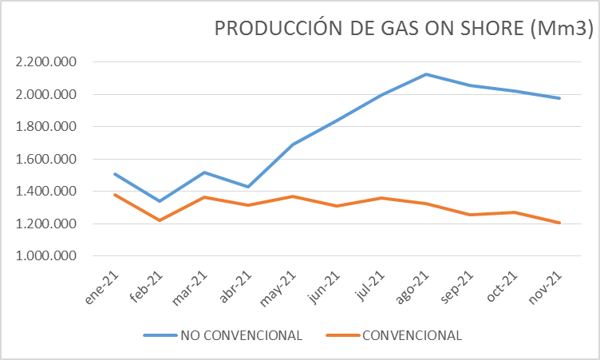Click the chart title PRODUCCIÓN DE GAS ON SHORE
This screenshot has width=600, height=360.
pyautogui.click(x=404, y=29)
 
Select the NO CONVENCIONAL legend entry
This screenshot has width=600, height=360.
pyautogui.click(x=240, y=335)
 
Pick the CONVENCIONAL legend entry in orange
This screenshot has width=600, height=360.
pyautogui.click(x=411, y=335)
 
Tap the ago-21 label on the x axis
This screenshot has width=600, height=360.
pyautogui.click(x=416, y=287)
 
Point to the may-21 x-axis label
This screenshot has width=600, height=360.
pyautogui.click(x=281, y=287)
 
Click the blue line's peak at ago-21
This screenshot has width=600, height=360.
pyautogui.click(x=427, y=74)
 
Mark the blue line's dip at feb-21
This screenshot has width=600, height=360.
pyautogui.click(x=160, y=201)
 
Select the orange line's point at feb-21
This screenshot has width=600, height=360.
pyautogui.click(x=160, y=220)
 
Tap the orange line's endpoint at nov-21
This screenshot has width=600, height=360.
pyautogui.click(x=560, y=223)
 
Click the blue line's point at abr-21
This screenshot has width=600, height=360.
pyautogui.click(x=249, y=187)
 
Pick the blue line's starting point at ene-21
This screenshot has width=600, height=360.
pyautogui.click(x=115, y=173)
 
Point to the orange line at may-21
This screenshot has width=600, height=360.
pyautogui.click(x=294, y=196)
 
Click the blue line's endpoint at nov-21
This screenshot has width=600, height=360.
pyautogui.click(x=560, y=98)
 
